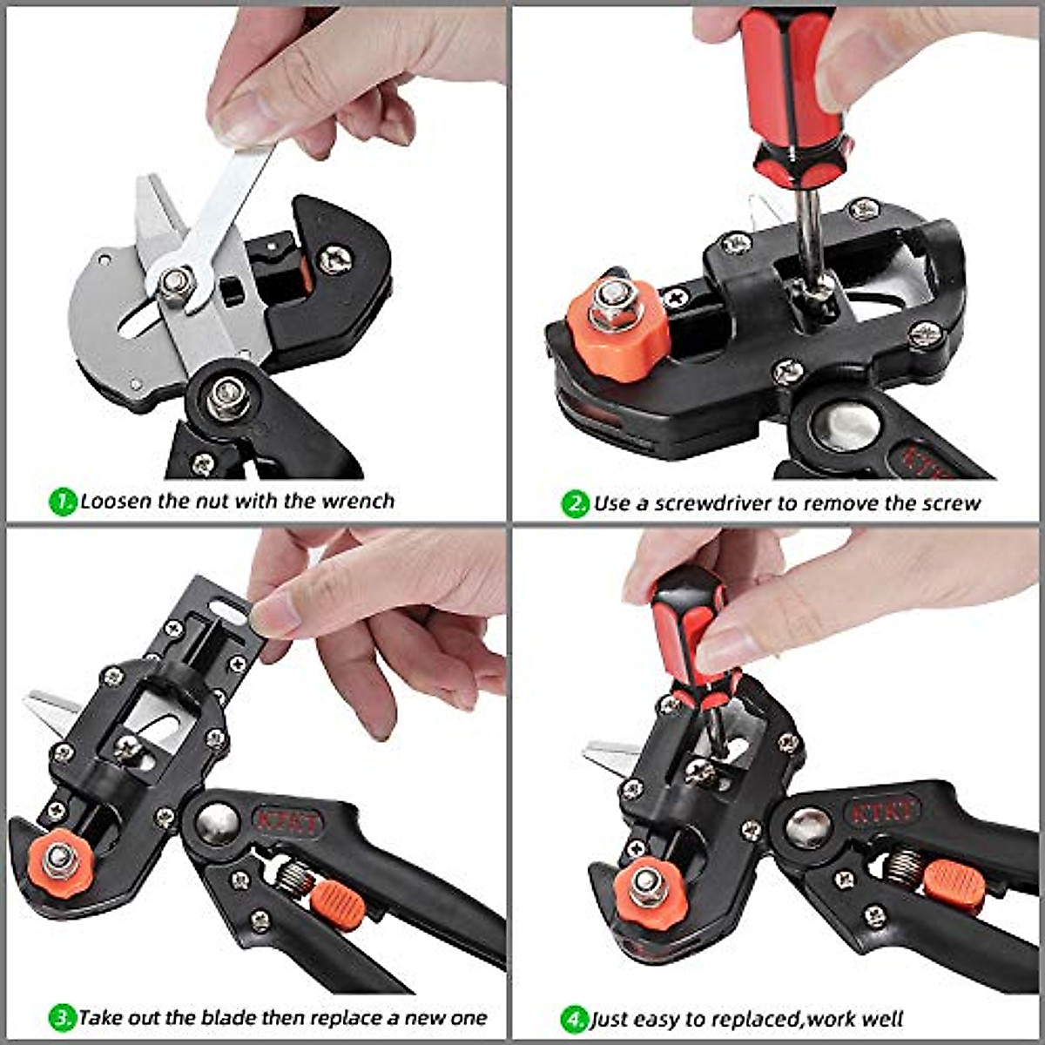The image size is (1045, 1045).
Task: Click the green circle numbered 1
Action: point(63,502)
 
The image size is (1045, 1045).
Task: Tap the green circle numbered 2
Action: point(576,504)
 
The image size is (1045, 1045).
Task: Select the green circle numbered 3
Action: point(63,1017)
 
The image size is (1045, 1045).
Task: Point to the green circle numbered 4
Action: point(574,1019)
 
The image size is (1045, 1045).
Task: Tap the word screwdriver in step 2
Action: point(714,503)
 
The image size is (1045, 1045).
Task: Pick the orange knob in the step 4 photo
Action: point(645,888)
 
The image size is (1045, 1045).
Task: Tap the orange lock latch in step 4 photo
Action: point(954,886)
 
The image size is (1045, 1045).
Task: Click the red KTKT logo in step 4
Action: point(884,813)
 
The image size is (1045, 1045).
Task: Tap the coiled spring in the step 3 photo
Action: point(293,875)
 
